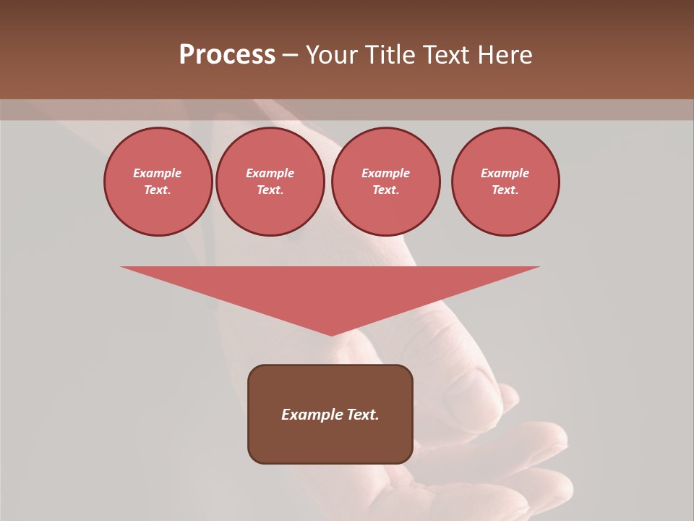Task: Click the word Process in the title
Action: pos(227,55)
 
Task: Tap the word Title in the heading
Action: pos(390,55)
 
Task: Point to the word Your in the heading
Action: pos(333,55)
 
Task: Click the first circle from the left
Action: pos(158,182)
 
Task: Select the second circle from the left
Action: pos(270,182)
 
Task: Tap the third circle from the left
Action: pos(386,182)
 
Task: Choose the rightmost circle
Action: pos(505,182)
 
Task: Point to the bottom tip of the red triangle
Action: pos(331,335)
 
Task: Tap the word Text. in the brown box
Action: pos(362,415)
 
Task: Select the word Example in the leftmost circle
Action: pos(158,173)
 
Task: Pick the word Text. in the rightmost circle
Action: pos(505,190)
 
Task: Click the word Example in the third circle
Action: pos(385,173)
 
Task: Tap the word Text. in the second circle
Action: pos(270,190)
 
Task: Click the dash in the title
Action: pos(291,56)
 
